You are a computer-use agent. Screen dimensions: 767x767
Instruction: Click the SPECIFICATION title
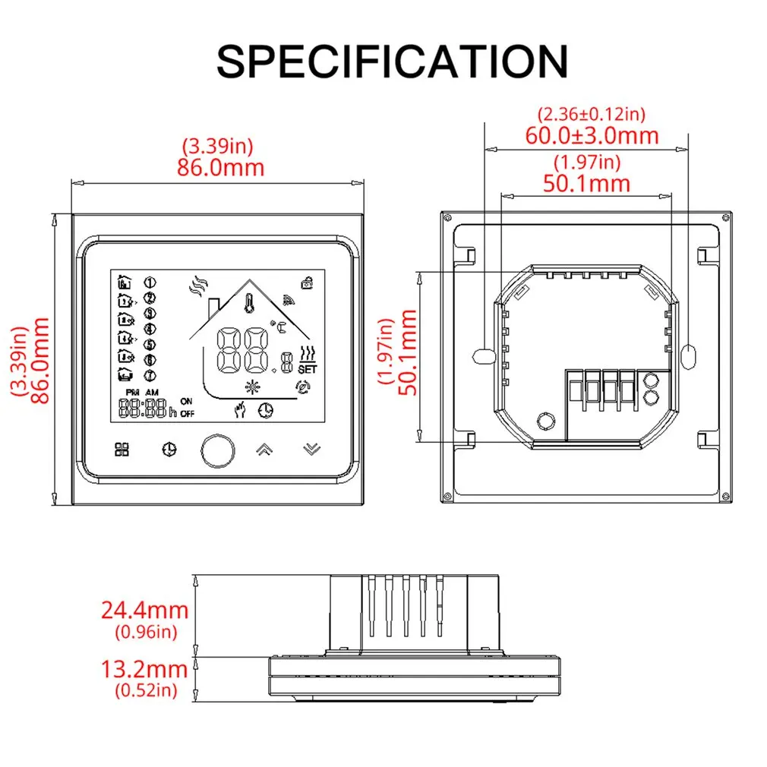[392, 61]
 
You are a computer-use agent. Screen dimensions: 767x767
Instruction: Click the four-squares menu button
[122, 449]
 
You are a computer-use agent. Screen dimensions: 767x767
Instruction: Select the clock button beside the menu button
[168, 449]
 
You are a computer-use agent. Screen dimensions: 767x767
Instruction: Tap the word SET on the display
[307, 369]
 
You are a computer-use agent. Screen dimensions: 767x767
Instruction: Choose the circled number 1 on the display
[150, 282]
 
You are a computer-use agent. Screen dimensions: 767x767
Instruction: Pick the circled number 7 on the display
[150, 375]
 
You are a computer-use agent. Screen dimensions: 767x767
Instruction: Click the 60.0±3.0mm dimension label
[592, 136]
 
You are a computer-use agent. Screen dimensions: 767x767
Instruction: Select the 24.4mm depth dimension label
[144, 609]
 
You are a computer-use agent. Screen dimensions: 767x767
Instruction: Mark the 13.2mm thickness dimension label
[144, 669]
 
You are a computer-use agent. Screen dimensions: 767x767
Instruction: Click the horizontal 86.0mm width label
[220, 167]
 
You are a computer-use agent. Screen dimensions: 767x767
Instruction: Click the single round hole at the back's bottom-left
[544, 421]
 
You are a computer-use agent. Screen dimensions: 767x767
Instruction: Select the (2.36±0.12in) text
[592, 115]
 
